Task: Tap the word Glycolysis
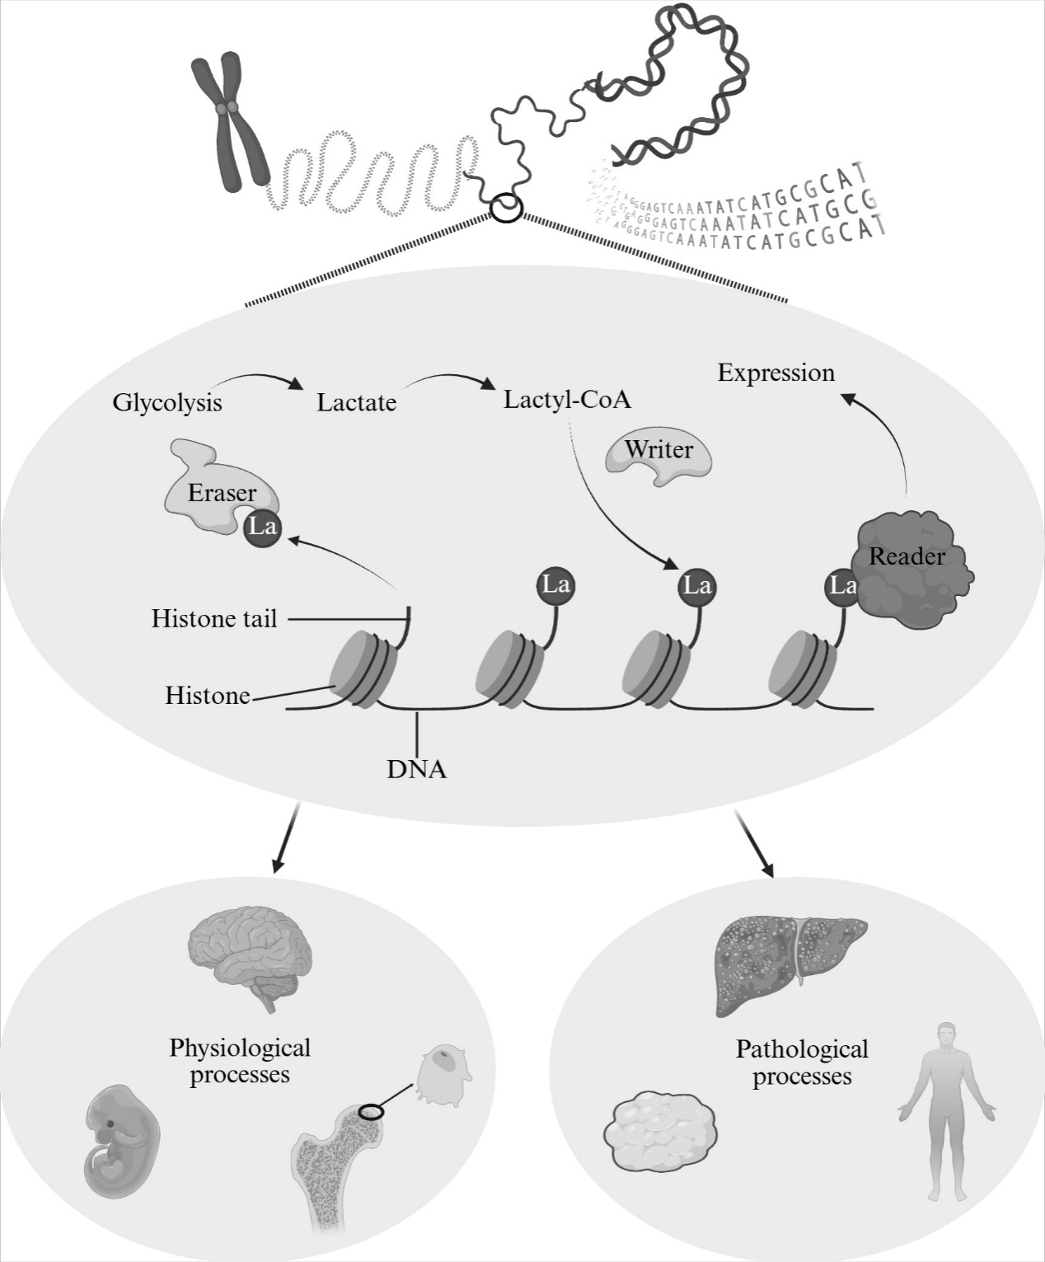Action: (167, 403)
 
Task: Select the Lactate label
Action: (356, 403)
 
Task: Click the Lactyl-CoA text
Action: (567, 400)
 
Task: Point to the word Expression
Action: (776, 373)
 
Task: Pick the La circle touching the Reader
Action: (841, 586)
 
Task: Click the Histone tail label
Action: (214, 618)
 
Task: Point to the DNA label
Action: (417, 770)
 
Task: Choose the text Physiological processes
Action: (240, 1062)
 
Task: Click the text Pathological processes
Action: (802, 1063)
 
